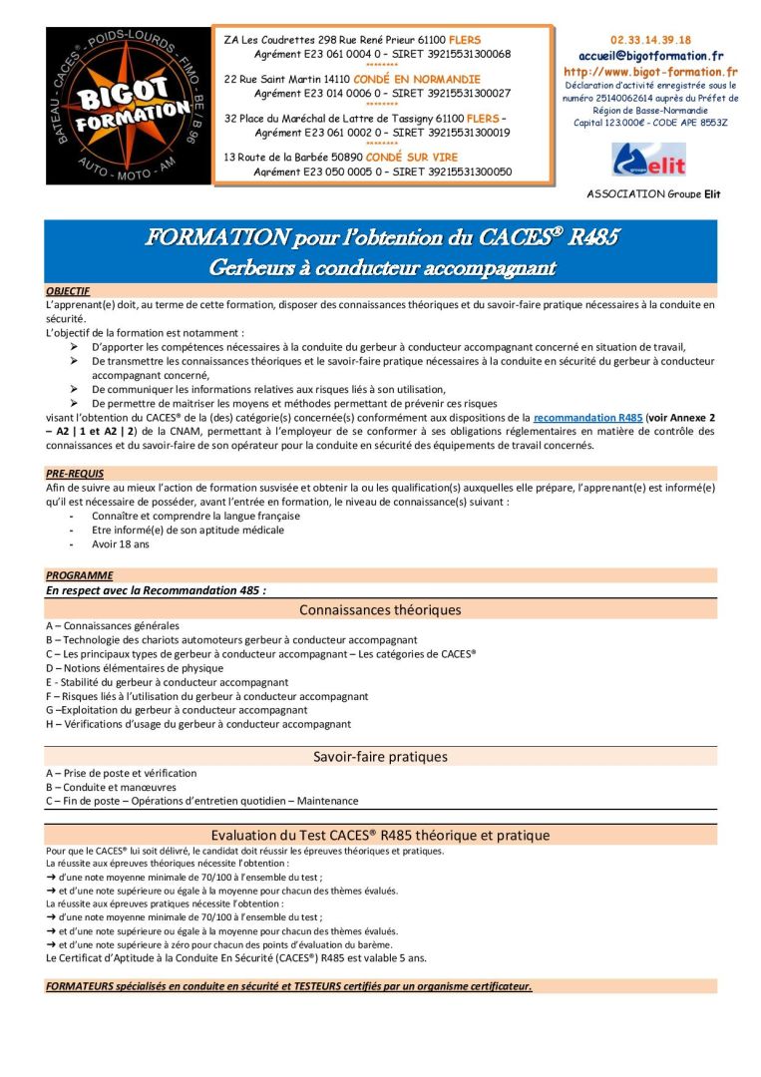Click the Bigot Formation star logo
coord(128,105)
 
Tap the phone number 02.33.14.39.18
coord(650,40)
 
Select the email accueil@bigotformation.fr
coord(650,56)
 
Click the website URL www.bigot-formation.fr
coord(650,72)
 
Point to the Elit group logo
coord(649,160)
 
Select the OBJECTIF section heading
coord(68,291)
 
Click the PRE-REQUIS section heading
coord(75,473)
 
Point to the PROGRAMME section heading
coord(79,575)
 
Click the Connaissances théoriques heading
coord(380,609)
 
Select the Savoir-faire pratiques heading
coord(380,757)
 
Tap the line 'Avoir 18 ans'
coord(120,544)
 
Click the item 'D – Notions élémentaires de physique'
coord(134,668)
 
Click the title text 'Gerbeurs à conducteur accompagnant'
coord(382,267)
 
